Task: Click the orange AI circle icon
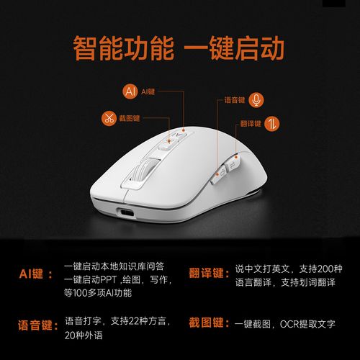[130, 91]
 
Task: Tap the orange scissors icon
[109, 118]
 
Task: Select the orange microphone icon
[256, 100]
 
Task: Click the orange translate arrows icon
[272, 124]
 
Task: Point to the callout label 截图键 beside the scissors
[130, 118]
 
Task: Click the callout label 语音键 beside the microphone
[235, 100]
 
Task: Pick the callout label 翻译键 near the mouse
[251, 124]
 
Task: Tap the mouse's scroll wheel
[142, 171]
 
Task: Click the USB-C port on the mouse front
[125, 213]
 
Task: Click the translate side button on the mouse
[232, 164]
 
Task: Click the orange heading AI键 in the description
[36, 274]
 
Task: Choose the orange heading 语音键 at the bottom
[38, 325]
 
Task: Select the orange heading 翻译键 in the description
[210, 273]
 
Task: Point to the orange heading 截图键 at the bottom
[209, 323]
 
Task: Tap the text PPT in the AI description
[108, 279]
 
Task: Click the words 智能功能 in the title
[124, 48]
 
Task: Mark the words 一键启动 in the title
[234, 48]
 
